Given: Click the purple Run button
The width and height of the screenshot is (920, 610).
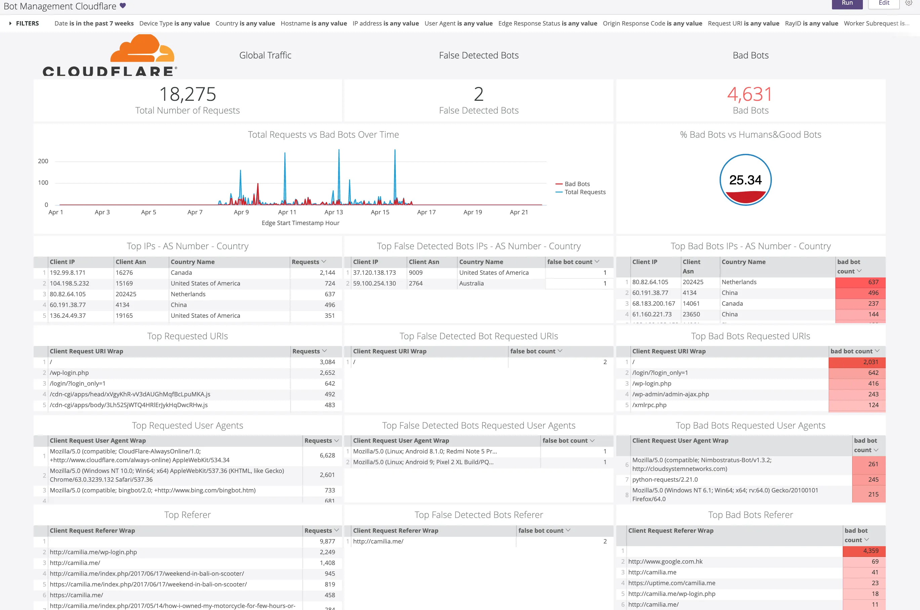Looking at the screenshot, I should tap(847, 3).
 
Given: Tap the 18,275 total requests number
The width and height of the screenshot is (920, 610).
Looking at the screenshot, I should tap(187, 94).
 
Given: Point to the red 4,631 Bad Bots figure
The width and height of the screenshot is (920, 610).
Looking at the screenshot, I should tap(750, 94).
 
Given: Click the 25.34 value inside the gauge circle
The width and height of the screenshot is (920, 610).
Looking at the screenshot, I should tap(745, 180).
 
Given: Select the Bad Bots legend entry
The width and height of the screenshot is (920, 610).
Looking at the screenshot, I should tap(577, 184).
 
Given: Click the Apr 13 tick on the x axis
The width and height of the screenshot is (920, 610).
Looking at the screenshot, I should tap(334, 212).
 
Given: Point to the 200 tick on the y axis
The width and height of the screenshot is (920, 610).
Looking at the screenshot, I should tap(43, 161).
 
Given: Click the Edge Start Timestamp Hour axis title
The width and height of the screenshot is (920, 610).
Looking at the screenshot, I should tap(300, 223).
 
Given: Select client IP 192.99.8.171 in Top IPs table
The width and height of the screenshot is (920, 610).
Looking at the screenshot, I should tap(67, 273).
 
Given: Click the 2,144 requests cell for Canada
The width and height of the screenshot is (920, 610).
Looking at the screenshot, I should tap(327, 273).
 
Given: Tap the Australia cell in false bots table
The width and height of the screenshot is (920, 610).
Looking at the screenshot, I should tap(471, 283).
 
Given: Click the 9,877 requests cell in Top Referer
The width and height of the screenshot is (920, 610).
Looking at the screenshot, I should tap(327, 541).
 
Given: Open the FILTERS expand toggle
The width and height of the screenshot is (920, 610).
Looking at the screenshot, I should tap(10, 23).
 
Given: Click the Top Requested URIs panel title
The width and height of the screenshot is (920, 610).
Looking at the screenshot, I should tap(187, 336).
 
